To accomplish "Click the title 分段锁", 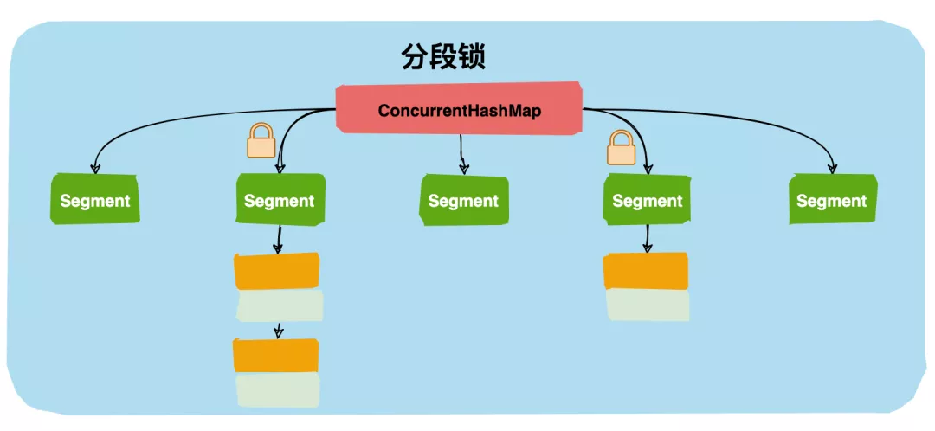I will coord(443,57).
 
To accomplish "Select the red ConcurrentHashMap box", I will coord(459,109).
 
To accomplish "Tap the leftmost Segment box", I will coord(95,200).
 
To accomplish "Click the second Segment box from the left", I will coord(280,200).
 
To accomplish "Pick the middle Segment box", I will coord(463,201).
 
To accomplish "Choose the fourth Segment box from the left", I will coord(648,200).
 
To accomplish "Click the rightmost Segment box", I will coord(832,200).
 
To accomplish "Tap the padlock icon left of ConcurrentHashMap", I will coord(261,141).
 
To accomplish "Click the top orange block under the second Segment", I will coord(277,271).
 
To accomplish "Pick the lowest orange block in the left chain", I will coord(277,356).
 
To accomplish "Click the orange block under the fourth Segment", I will coord(646,271).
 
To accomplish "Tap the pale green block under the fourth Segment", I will coord(647,305).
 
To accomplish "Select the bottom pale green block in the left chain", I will coord(278,389).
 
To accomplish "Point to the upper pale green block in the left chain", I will coord(279,306).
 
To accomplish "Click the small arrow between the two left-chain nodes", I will coord(278,330).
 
